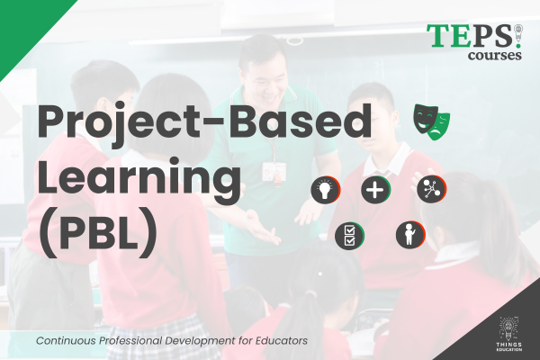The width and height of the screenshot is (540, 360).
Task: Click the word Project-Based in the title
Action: [203, 122]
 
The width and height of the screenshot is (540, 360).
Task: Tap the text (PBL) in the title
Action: [98, 229]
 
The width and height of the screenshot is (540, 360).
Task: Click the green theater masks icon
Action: [432, 120]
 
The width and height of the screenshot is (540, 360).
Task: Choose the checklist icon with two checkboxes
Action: [348, 237]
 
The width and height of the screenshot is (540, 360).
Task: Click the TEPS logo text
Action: [470, 37]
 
